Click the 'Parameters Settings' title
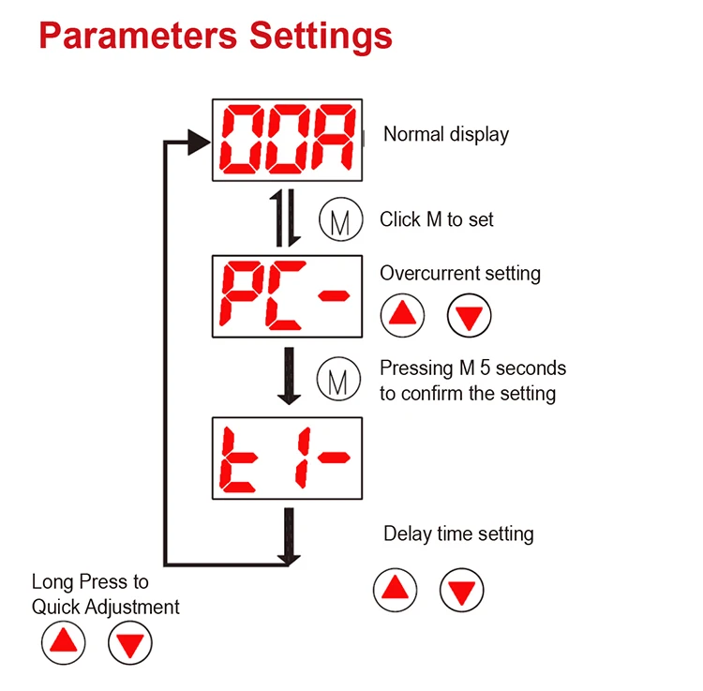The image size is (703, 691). (216, 36)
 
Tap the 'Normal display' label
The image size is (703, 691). (446, 134)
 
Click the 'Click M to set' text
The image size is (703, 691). (437, 219)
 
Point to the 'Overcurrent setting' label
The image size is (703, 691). (460, 274)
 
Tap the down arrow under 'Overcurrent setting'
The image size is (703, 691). (469, 315)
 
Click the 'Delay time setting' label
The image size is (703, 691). (458, 533)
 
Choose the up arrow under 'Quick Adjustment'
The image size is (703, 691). (63, 643)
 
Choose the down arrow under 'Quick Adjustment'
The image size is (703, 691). (129, 643)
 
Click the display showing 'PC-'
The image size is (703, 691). (287, 295)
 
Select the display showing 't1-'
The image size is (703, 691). (287, 458)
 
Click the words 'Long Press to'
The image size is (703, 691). (90, 582)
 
